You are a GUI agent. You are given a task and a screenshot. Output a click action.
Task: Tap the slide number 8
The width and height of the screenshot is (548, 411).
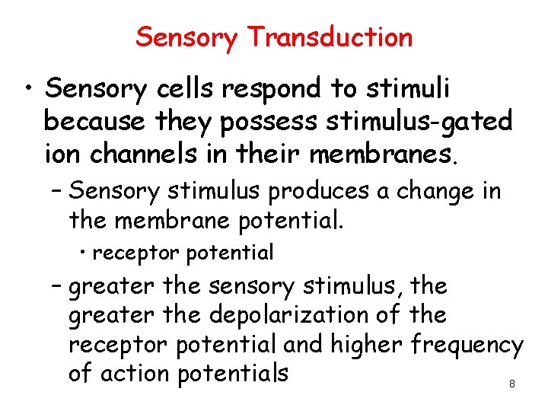(x=511, y=384)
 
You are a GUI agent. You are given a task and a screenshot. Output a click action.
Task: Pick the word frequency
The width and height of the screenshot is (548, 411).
(x=467, y=346)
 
